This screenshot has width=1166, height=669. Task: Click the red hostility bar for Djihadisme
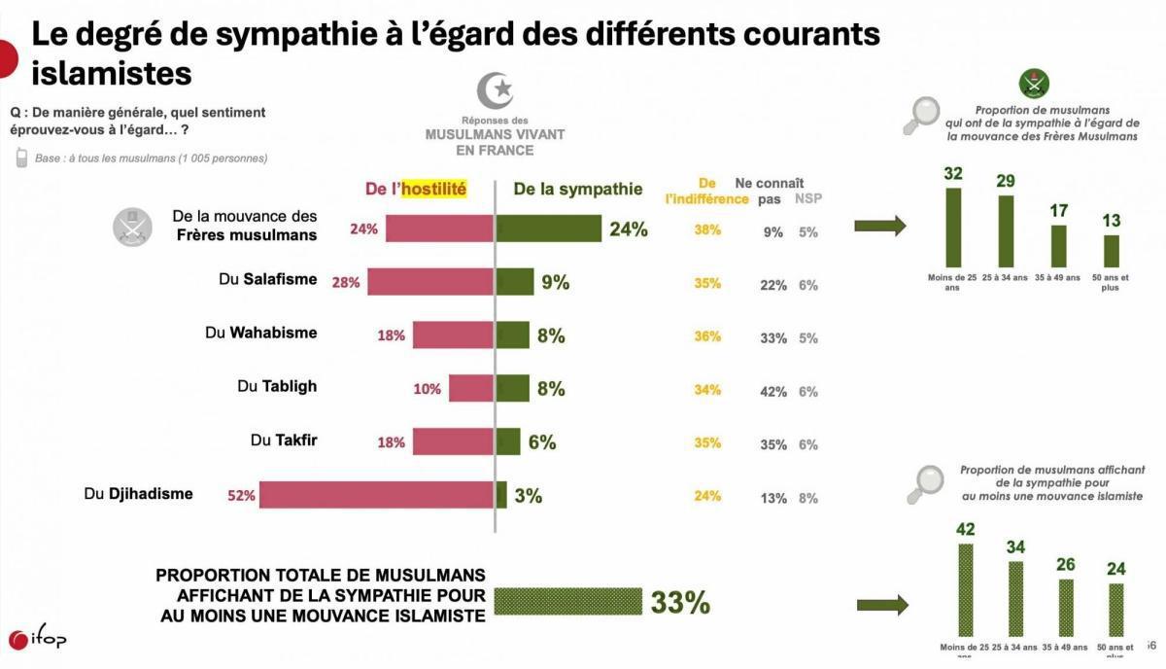tap(376, 495)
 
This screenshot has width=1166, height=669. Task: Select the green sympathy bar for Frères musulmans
tap(548, 229)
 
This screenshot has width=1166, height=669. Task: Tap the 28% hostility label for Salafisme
tap(345, 283)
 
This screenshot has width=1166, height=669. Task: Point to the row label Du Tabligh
tap(277, 386)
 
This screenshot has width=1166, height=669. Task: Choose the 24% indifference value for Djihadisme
tap(707, 496)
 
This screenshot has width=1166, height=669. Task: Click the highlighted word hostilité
tap(434, 190)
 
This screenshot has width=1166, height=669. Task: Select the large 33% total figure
tap(680, 603)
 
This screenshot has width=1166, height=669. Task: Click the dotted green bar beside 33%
tap(567, 601)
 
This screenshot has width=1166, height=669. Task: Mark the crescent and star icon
tap(495, 90)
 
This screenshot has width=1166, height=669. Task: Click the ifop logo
tap(37, 639)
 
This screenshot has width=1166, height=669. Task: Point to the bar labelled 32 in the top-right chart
tap(953, 227)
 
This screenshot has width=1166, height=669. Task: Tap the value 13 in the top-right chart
tap(1111, 222)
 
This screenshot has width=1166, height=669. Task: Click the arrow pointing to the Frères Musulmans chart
tap(879, 227)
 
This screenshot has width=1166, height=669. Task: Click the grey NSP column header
tap(807, 198)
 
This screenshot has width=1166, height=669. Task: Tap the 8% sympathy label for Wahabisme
tap(551, 336)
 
